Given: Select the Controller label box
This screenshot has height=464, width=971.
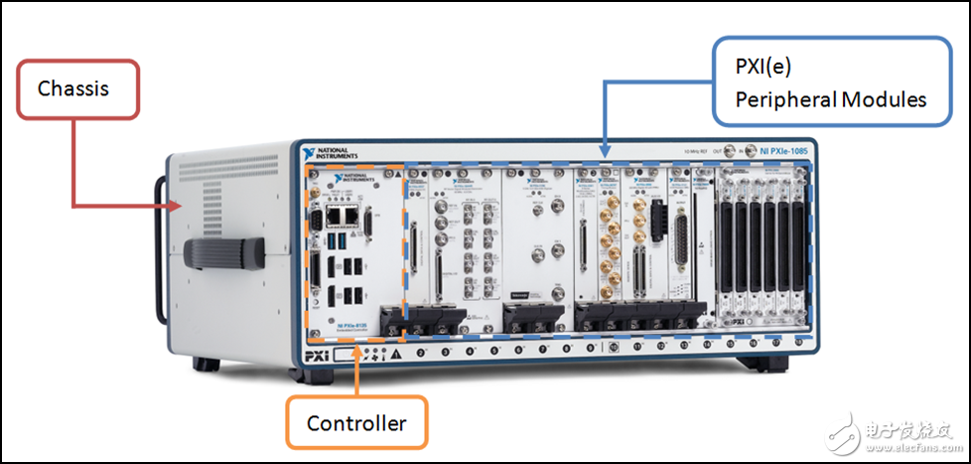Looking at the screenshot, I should point(356,423).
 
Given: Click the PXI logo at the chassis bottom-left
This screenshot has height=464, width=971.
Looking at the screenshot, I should point(315,355).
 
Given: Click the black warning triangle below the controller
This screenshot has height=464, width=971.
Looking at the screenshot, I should point(397,354).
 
